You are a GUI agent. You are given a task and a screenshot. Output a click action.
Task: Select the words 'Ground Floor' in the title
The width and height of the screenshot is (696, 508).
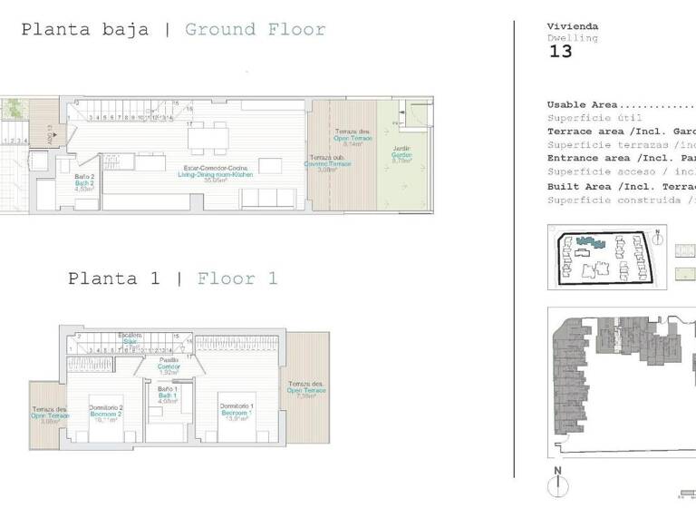click(255, 30)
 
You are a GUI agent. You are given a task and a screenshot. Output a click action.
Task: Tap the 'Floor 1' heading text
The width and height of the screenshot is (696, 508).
click(237, 278)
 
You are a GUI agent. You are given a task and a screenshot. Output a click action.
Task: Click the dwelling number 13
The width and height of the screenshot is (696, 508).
click(561, 52)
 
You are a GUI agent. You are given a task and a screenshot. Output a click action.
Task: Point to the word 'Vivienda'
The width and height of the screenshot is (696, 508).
click(573, 26)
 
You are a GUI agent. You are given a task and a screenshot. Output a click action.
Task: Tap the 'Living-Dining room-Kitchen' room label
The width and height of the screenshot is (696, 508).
click(217, 174)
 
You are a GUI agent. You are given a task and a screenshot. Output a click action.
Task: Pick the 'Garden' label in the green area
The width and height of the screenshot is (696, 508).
click(401, 155)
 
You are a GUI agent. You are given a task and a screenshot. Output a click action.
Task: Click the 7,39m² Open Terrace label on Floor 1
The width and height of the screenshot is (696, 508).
click(305, 391)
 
